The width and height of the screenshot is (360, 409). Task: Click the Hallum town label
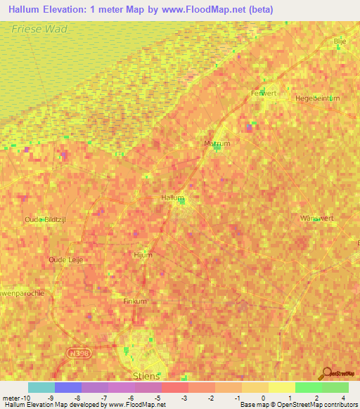[x=173, y=198]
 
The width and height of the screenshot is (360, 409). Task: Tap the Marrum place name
[x=217, y=143]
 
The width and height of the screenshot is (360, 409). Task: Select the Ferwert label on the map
[x=264, y=93]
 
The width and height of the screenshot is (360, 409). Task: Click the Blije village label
[x=340, y=41]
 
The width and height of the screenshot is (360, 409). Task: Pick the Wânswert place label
[x=314, y=218]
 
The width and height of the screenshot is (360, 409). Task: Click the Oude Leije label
[x=66, y=259]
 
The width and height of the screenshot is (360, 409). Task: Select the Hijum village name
[x=143, y=255]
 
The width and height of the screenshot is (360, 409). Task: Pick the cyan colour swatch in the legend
[x=41, y=387]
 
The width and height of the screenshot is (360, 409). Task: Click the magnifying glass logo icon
[x=326, y=373]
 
